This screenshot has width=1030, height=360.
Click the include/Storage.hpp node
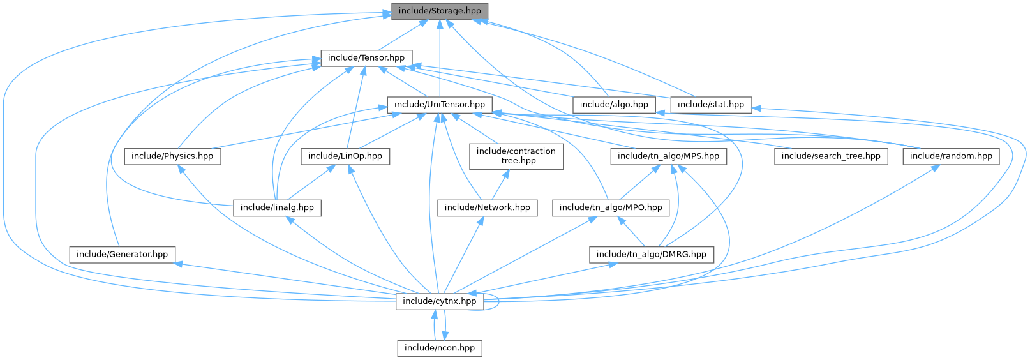(x=439, y=11)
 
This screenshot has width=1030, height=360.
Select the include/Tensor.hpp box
(x=366, y=58)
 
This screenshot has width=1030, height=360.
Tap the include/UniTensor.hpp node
(x=439, y=105)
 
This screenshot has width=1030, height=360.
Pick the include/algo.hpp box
(x=613, y=105)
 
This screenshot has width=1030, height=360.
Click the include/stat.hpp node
(x=710, y=105)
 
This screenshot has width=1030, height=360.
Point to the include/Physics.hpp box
(x=172, y=156)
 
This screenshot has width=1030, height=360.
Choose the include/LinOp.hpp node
(x=345, y=156)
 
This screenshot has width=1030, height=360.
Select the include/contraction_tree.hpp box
(x=516, y=156)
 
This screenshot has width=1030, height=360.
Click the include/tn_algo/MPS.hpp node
(x=668, y=156)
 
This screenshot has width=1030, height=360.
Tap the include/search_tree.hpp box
(x=830, y=156)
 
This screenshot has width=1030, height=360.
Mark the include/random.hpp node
(x=951, y=156)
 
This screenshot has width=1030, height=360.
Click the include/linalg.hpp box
(x=277, y=207)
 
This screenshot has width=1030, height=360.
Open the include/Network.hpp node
(x=487, y=207)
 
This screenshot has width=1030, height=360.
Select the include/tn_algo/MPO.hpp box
(x=611, y=207)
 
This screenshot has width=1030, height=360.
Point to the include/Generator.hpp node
(x=122, y=255)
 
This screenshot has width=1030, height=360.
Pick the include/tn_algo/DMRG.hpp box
(x=651, y=255)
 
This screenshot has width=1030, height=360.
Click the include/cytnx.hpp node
(x=439, y=301)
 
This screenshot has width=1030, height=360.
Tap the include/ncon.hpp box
(x=439, y=348)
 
